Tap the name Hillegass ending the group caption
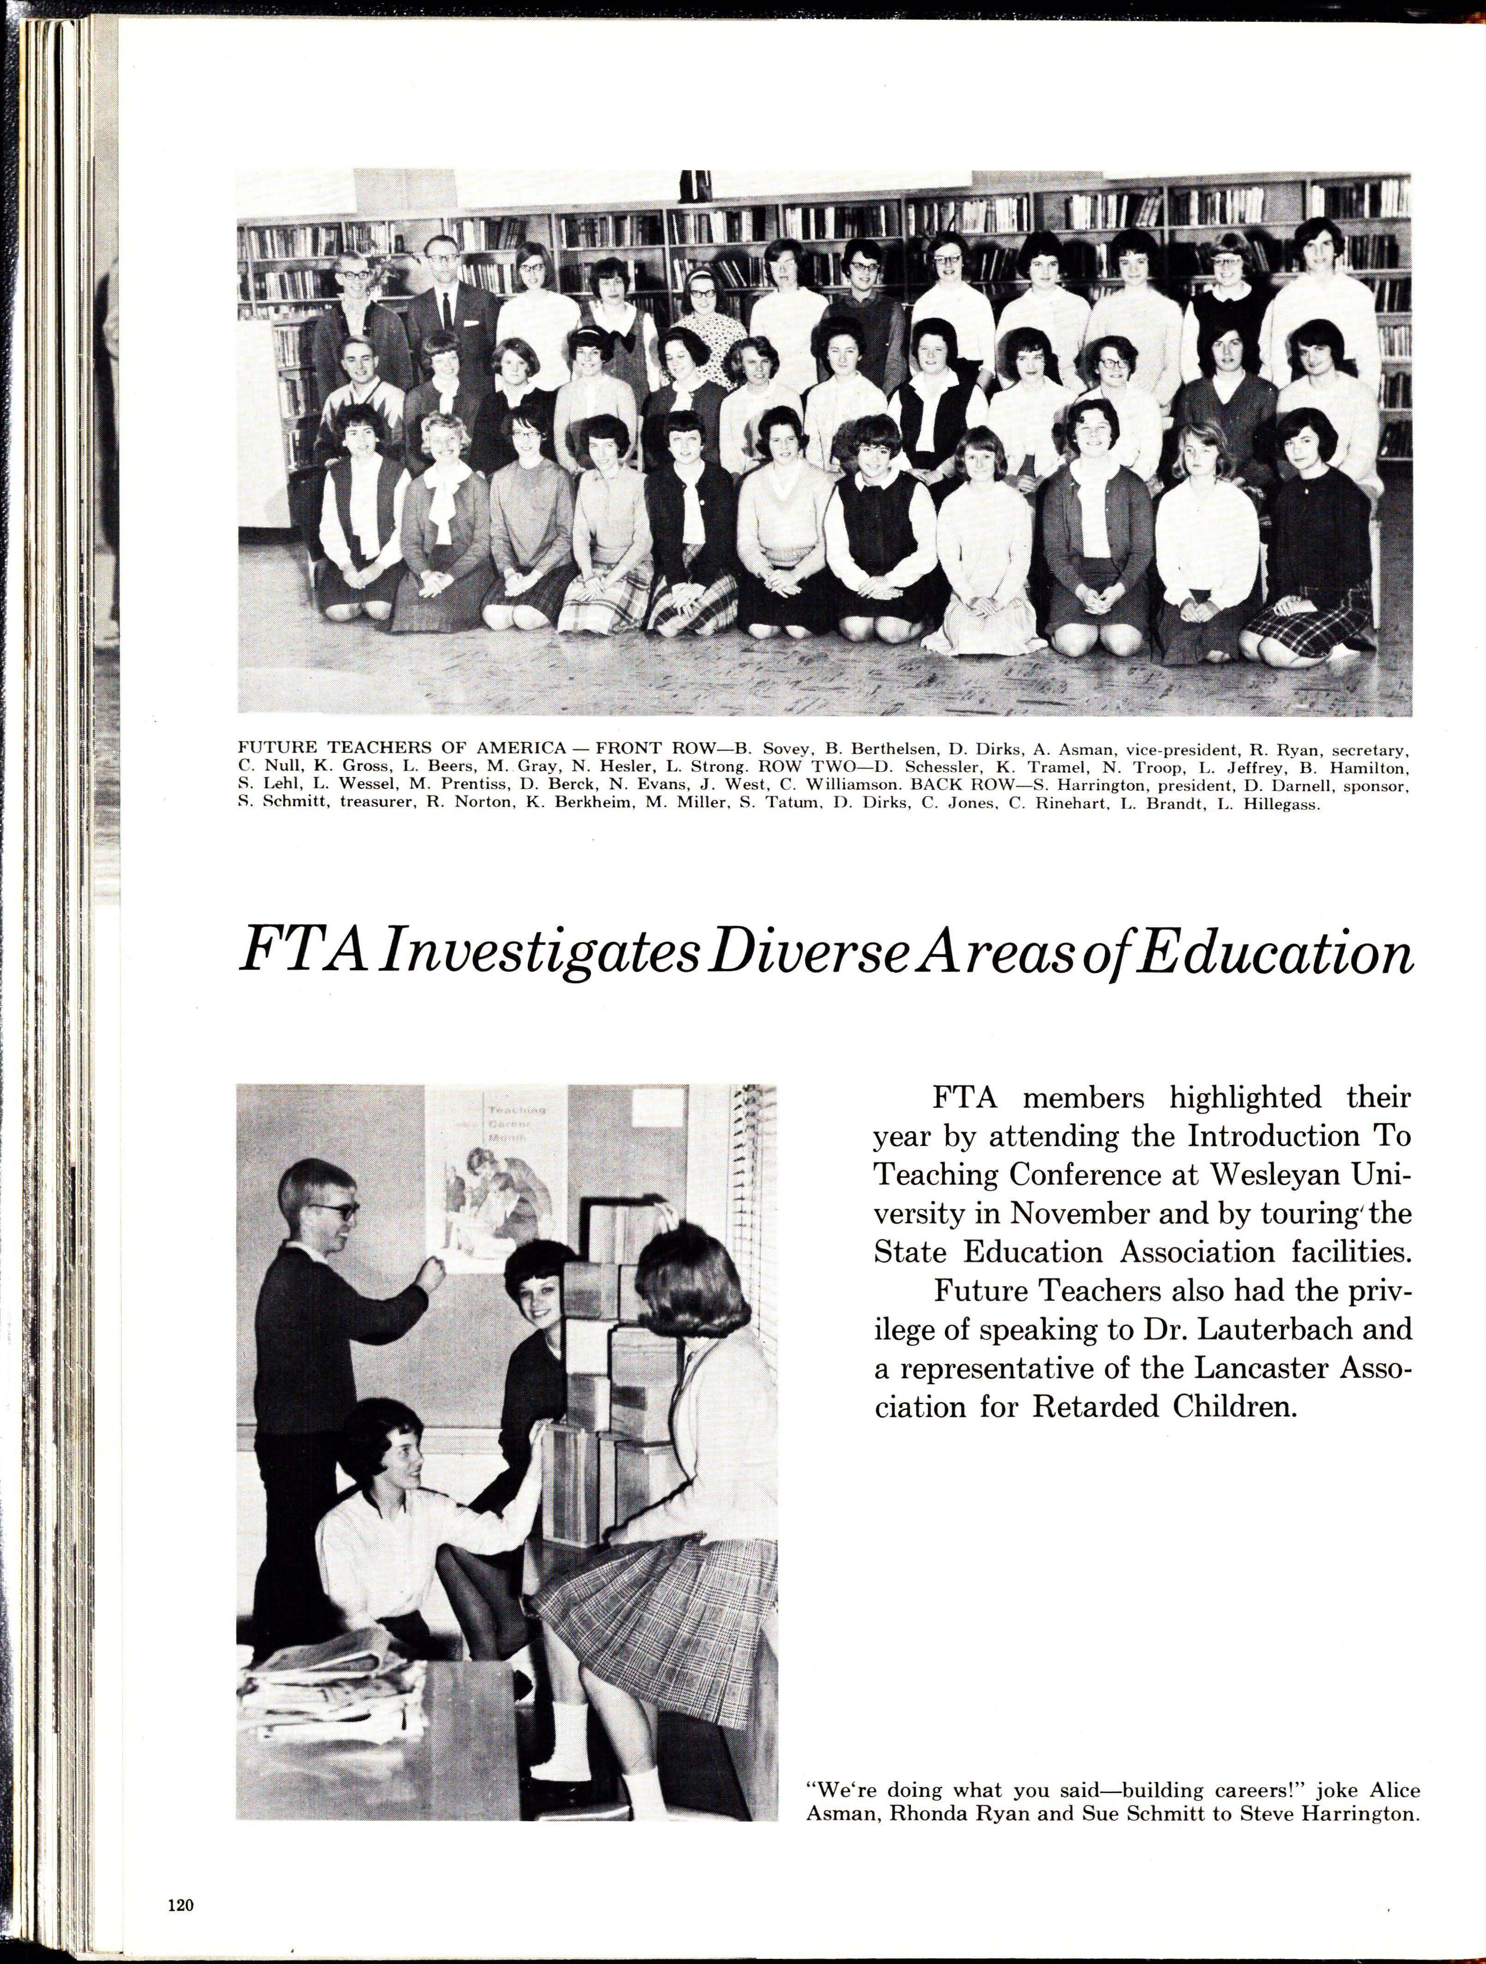(x=1286, y=807)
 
